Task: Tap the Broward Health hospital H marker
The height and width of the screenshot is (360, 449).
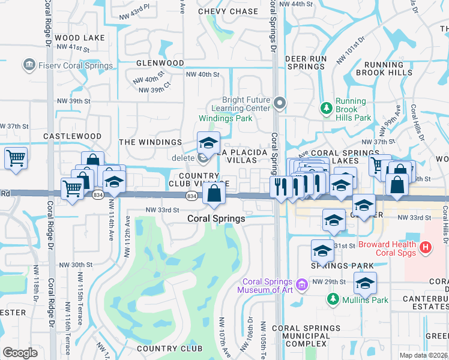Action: point(426,247)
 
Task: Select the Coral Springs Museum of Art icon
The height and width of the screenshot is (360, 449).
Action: point(302,283)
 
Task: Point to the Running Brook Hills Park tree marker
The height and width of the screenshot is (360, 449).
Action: point(326,108)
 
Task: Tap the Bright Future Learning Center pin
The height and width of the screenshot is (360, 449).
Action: point(279,103)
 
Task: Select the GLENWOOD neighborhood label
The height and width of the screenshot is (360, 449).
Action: point(160,63)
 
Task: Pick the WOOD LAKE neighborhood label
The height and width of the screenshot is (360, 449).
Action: point(79,38)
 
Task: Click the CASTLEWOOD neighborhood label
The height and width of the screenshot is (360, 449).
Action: point(73,137)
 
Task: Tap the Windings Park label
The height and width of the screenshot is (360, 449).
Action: point(226,118)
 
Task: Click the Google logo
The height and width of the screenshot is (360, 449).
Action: point(20,352)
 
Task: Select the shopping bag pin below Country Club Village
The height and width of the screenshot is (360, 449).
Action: point(214,193)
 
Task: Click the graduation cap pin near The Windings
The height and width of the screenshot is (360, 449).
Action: point(208,143)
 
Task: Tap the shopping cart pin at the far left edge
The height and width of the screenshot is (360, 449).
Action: point(16,158)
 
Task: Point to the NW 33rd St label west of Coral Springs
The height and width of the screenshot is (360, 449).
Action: point(162,210)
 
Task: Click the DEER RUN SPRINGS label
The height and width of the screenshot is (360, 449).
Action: point(306,62)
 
